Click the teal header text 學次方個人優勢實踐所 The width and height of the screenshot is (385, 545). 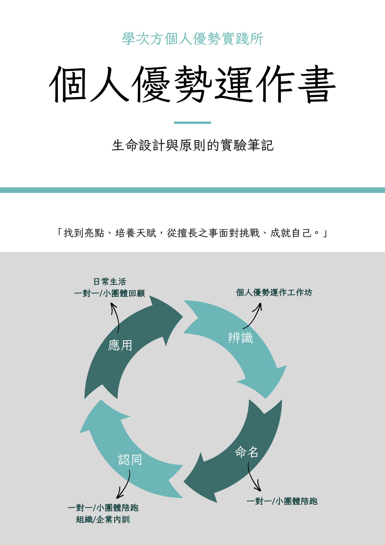click(x=192, y=38)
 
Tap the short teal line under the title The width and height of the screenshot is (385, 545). click(x=192, y=123)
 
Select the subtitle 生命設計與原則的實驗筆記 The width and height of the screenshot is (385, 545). click(x=192, y=145)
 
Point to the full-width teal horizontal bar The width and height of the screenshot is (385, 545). click(x=192, y=190)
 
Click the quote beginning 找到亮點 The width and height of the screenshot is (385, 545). click(x=192, y=233)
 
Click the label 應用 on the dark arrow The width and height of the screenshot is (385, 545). click(x=120, y=345)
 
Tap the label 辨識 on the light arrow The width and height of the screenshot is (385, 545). click(x=240, y=338)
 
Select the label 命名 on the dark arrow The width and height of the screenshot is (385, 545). click(x=246, y=452)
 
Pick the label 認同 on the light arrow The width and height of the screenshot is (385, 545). click(x=130, y=460)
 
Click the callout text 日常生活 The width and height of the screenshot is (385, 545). click(x=110, y=281)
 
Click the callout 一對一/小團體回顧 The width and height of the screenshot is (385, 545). click(x=109, y=293)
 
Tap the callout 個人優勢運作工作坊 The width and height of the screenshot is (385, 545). click(x=274, y=292)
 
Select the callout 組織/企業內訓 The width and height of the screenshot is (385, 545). click(x=103, y=519)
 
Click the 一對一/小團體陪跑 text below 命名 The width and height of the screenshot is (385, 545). click(x=282, y=501)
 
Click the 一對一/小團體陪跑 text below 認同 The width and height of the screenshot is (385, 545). click(x=103, y=508)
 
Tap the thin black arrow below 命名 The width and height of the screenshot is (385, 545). click(x=253, y=477)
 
